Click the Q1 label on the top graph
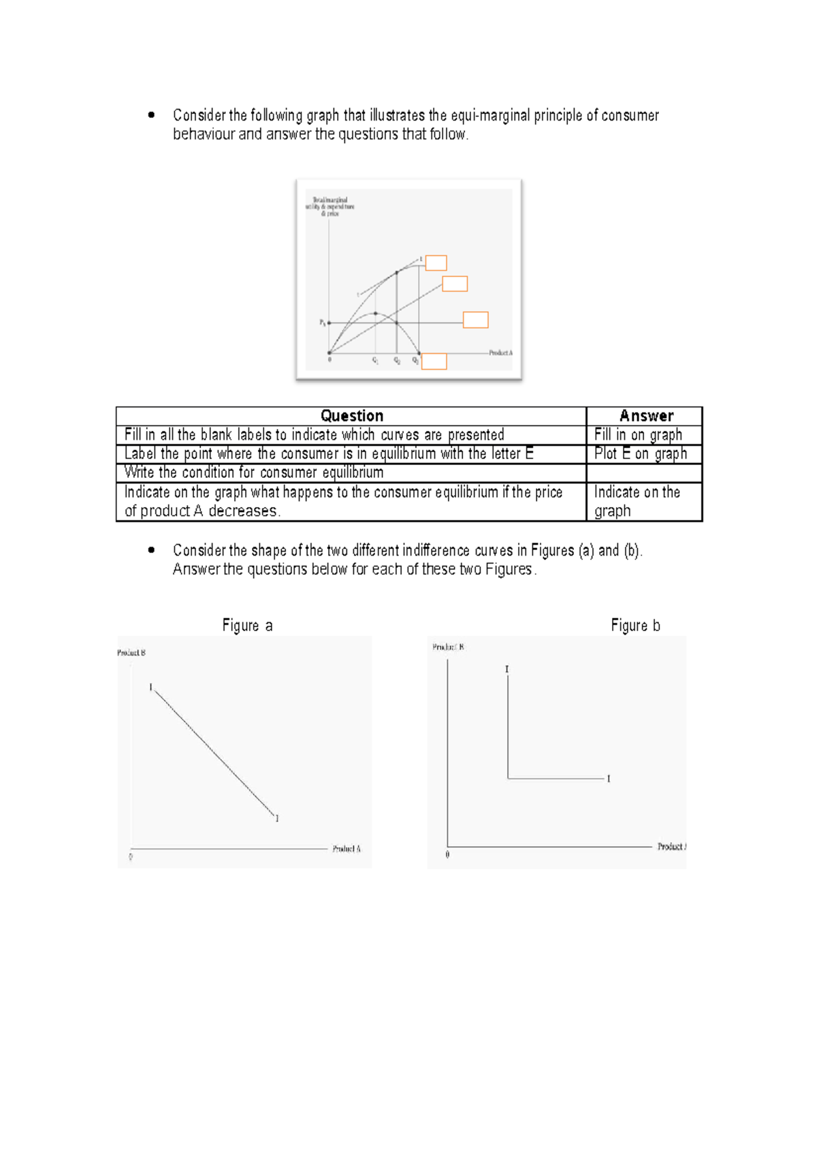[x=375, y=361]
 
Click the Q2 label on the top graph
[x=397, y=361]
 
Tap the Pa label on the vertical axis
[x=323, y=323]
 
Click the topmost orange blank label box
[x=436, y=263]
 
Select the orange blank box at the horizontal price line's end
[x=475, y=320]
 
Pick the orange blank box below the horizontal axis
[x=434, y=362]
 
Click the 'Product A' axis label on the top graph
[x=500, y=353]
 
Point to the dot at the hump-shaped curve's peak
[x=375, y=313]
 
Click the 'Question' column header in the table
[x=351, y=416]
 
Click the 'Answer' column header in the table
[x=645, y=416]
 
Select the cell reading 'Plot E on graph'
[x=640, y=453]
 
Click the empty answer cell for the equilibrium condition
[x=643, y=472]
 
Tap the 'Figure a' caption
[x=247, y=626]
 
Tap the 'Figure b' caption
[x=635, y=626]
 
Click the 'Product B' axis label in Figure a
[x=131, y=652]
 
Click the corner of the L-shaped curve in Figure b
[x=508, y=777]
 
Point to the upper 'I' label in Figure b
[x=507, y=670]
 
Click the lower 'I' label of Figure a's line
[x=277, y=818]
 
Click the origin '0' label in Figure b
[x=447, y=854]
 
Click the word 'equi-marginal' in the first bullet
[x=491, y=115]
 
